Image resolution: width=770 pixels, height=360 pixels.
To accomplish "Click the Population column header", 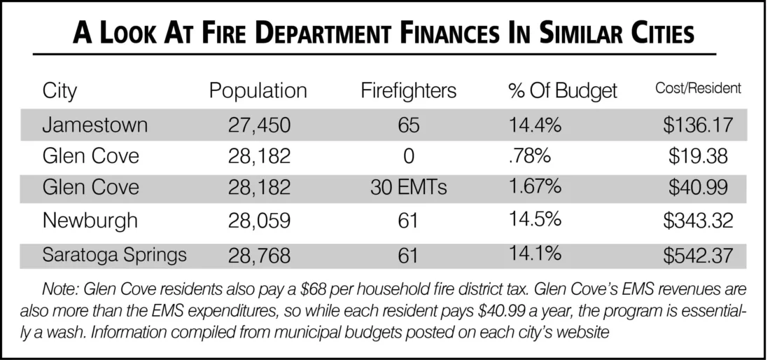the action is coord(258,91).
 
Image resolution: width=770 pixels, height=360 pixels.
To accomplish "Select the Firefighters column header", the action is coord(409,91).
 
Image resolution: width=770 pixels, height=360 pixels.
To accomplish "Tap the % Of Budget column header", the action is coord(563,91).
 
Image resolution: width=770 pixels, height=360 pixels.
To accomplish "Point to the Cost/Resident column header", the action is coord(699,88).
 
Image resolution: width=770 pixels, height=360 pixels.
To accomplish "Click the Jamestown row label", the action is coord(94,125).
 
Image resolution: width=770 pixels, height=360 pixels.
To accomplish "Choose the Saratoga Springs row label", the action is coord(114,256).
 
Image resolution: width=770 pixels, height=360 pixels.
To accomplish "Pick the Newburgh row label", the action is coord(90,221).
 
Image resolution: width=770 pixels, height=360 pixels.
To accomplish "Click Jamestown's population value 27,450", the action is coord(259,126).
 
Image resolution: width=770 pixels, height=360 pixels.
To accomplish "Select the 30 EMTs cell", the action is coord(409,188).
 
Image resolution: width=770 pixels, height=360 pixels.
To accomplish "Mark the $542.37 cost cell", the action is coord(698,256).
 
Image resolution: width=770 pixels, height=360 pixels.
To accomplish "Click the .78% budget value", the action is coord(530,156).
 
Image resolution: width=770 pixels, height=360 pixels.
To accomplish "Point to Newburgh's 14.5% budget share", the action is coord(535,219).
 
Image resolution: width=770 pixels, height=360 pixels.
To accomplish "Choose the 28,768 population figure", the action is coord(259,256).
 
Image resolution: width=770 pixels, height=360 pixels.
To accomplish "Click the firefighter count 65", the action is coord(409,125).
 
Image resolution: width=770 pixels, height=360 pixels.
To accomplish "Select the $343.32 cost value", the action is coord(698,221).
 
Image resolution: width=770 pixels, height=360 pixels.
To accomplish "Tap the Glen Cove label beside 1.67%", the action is coord(91,188).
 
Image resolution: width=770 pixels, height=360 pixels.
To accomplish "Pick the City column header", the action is coord(60,92).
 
